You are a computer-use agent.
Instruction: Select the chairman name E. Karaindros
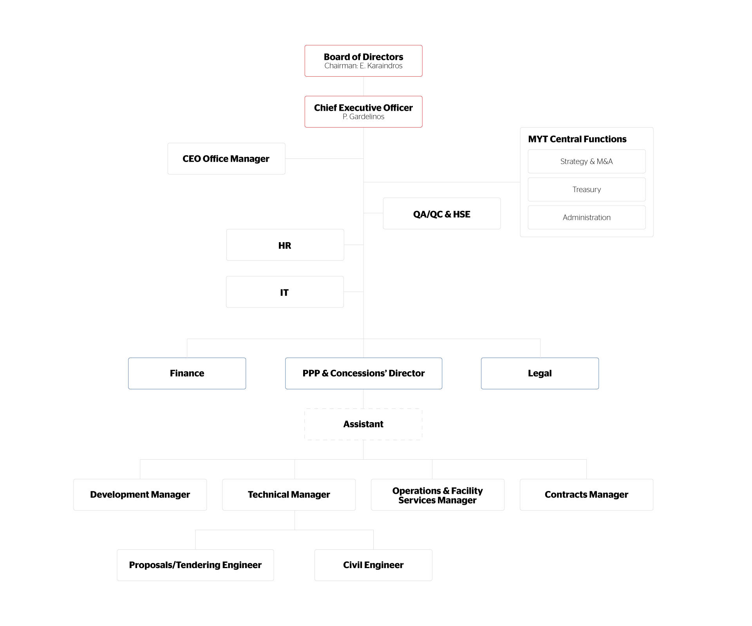click(x=381, y=66)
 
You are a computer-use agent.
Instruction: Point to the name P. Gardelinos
click(x=363, y=117)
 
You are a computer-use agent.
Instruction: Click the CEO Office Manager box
click(x=226, y=159)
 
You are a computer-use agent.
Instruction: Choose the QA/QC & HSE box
click(x=441, y=214)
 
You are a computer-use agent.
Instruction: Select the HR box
click(x=285, y=245)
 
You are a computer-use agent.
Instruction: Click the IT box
click(x=284, y=292)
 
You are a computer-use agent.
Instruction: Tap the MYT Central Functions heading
click(x=577, y=139)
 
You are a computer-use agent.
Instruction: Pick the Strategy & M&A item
click(x=586, y=162)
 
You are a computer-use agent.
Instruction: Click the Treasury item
click(x=586, y=190)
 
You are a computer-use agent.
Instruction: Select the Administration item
click(x=586, y=218)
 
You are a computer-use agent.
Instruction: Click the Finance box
click(x=187, y=373)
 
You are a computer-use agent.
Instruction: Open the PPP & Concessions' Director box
click(x=363, y=373)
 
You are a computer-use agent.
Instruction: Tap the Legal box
click(x=540, y=373)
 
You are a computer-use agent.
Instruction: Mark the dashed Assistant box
click(x=363, y=424)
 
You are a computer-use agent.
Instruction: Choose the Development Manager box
click(x=140, y=495)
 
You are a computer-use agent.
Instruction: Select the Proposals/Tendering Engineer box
click(x=195, y=565)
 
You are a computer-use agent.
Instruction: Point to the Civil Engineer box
click(x=373, y=565)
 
